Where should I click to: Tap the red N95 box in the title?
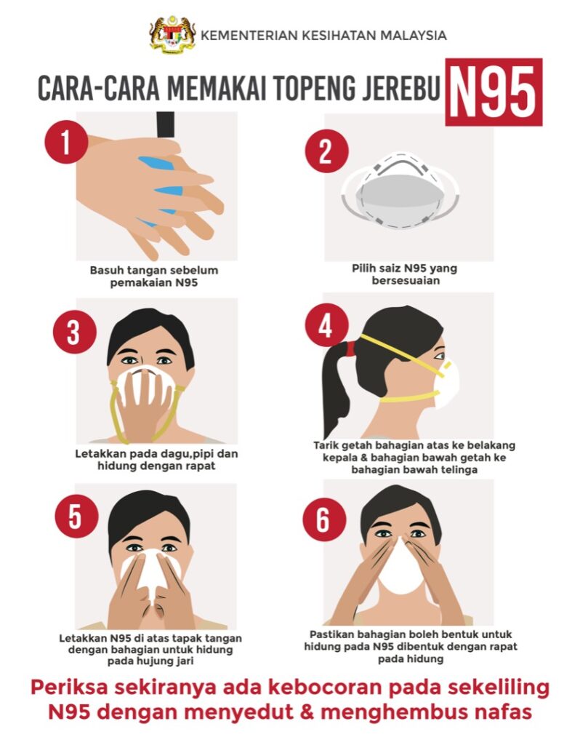click(494, 92)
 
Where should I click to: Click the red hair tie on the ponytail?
click(351, 348)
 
